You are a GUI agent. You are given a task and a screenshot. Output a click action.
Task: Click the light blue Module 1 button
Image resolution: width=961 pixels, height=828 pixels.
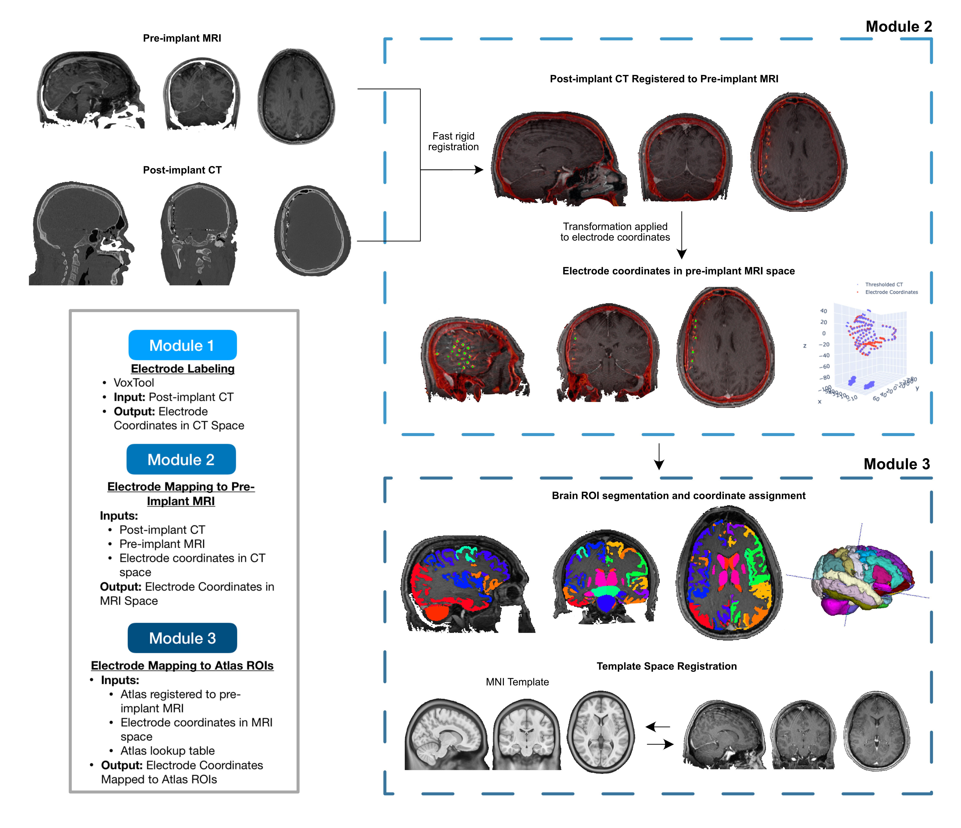[182, 345]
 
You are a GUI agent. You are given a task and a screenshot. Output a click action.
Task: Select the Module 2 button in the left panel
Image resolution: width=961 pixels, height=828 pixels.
[181, 459]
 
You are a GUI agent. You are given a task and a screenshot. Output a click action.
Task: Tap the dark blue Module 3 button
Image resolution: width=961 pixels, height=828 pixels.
[182, 638]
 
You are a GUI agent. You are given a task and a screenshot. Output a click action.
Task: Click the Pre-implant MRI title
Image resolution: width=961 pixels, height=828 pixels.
[182, 38]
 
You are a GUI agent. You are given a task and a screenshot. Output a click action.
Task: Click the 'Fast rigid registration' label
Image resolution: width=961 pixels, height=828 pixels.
[453, 141]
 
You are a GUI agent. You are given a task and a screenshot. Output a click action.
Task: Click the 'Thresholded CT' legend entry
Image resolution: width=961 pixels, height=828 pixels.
[884, 284]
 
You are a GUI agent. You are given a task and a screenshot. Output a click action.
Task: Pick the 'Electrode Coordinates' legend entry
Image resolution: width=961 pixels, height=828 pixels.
[891, 292]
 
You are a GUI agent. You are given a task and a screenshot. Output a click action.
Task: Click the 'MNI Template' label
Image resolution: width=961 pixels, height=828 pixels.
[517, 682]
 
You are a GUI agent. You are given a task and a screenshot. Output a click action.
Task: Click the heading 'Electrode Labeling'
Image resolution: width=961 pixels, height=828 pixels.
[182, 369]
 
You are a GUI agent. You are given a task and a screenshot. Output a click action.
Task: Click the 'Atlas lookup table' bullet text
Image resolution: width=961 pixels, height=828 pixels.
[168, 751]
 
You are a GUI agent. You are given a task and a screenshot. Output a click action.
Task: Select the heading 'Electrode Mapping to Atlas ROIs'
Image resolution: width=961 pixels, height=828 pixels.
[182, 666]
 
